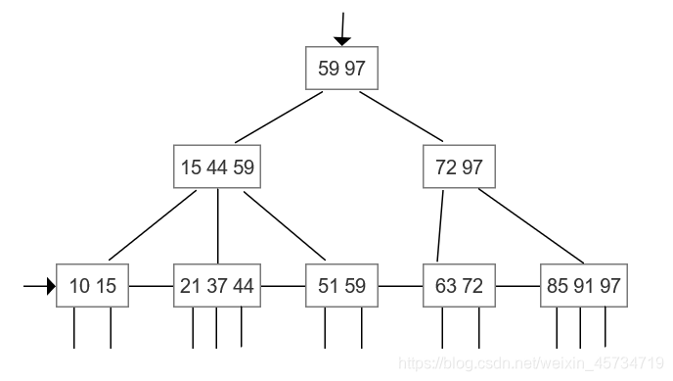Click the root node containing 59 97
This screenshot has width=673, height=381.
click(341, 68)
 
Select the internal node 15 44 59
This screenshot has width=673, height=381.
click(217, 167)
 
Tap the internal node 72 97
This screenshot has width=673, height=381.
click(459, 167)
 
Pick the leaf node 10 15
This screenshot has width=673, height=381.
click(93, 286)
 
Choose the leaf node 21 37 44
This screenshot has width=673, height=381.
click(217, 286)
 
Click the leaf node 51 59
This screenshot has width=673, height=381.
click(341, 286)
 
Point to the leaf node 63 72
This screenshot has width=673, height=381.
click(459, 286)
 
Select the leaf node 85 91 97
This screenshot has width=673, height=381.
click(584, 286)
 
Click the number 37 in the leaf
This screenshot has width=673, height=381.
click(217, 286)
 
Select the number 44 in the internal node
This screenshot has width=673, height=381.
click(217, 167)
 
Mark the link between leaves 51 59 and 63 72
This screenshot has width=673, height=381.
click(401, 286)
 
